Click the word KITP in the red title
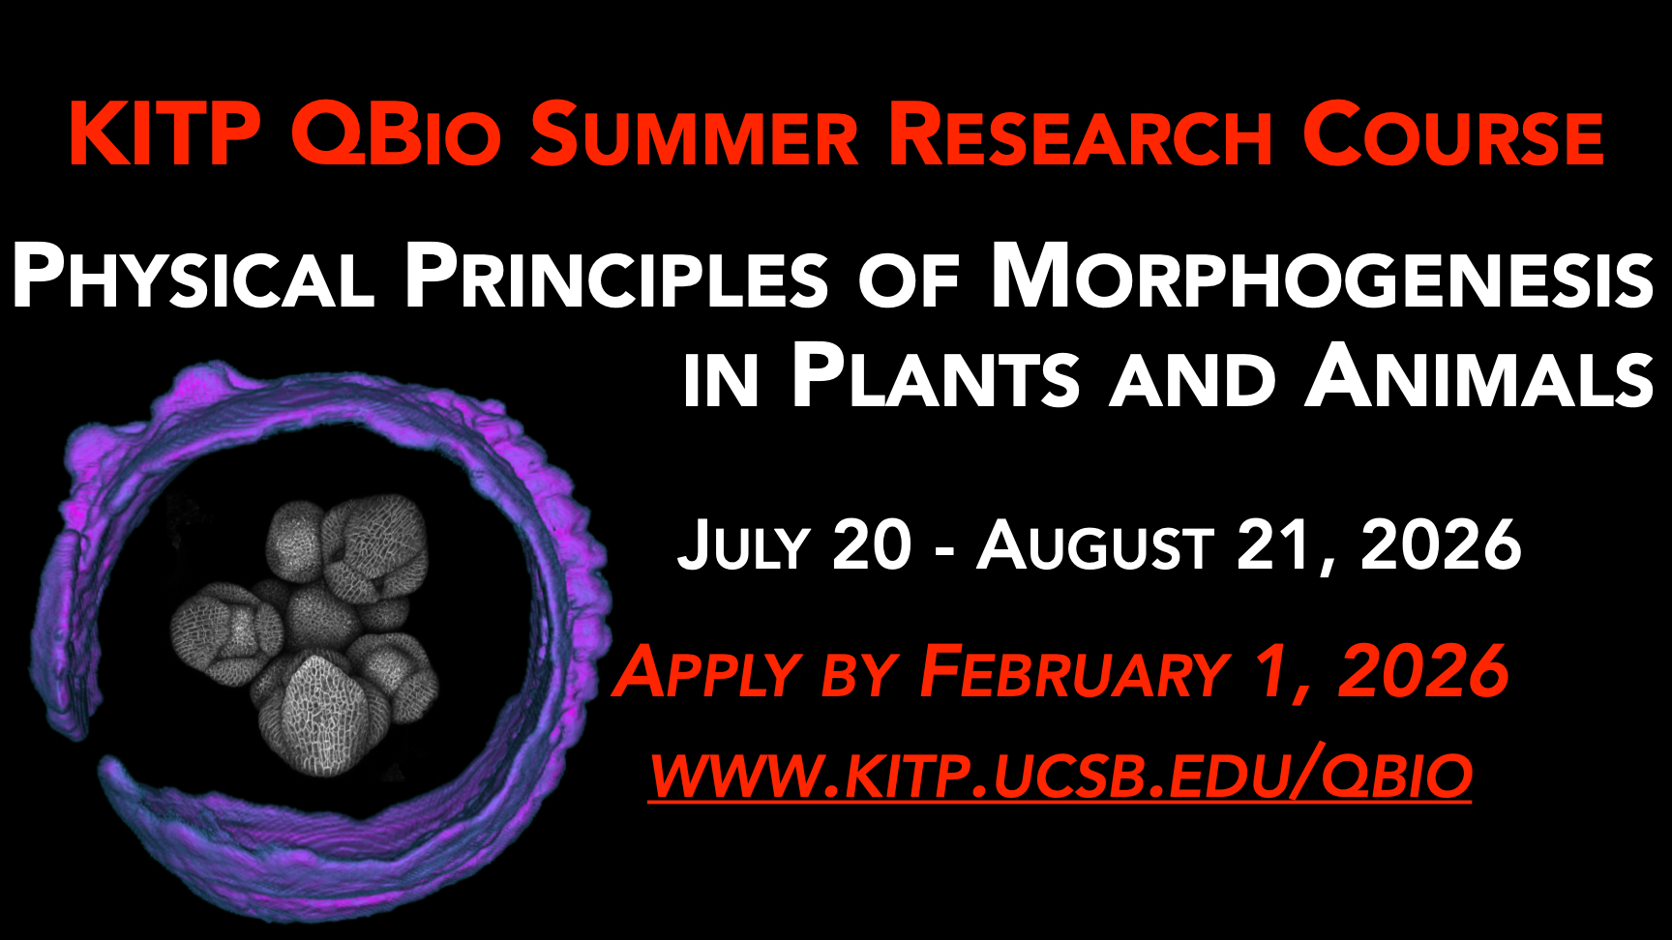tap(164, 134)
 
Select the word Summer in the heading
tap(694, 135)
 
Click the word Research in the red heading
tap(1080, 135)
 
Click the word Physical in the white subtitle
tap(193, 276)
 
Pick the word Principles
tap(616, 276)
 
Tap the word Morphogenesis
tap(1322, 276)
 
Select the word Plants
tap(936, 376)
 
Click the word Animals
tap(1479, 376)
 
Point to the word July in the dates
tap(743, 545)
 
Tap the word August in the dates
tap(1095, 545)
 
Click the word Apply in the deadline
tap(707, 673)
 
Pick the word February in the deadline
tap(1074, 672)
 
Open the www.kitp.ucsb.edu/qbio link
tap(1060, 776)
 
